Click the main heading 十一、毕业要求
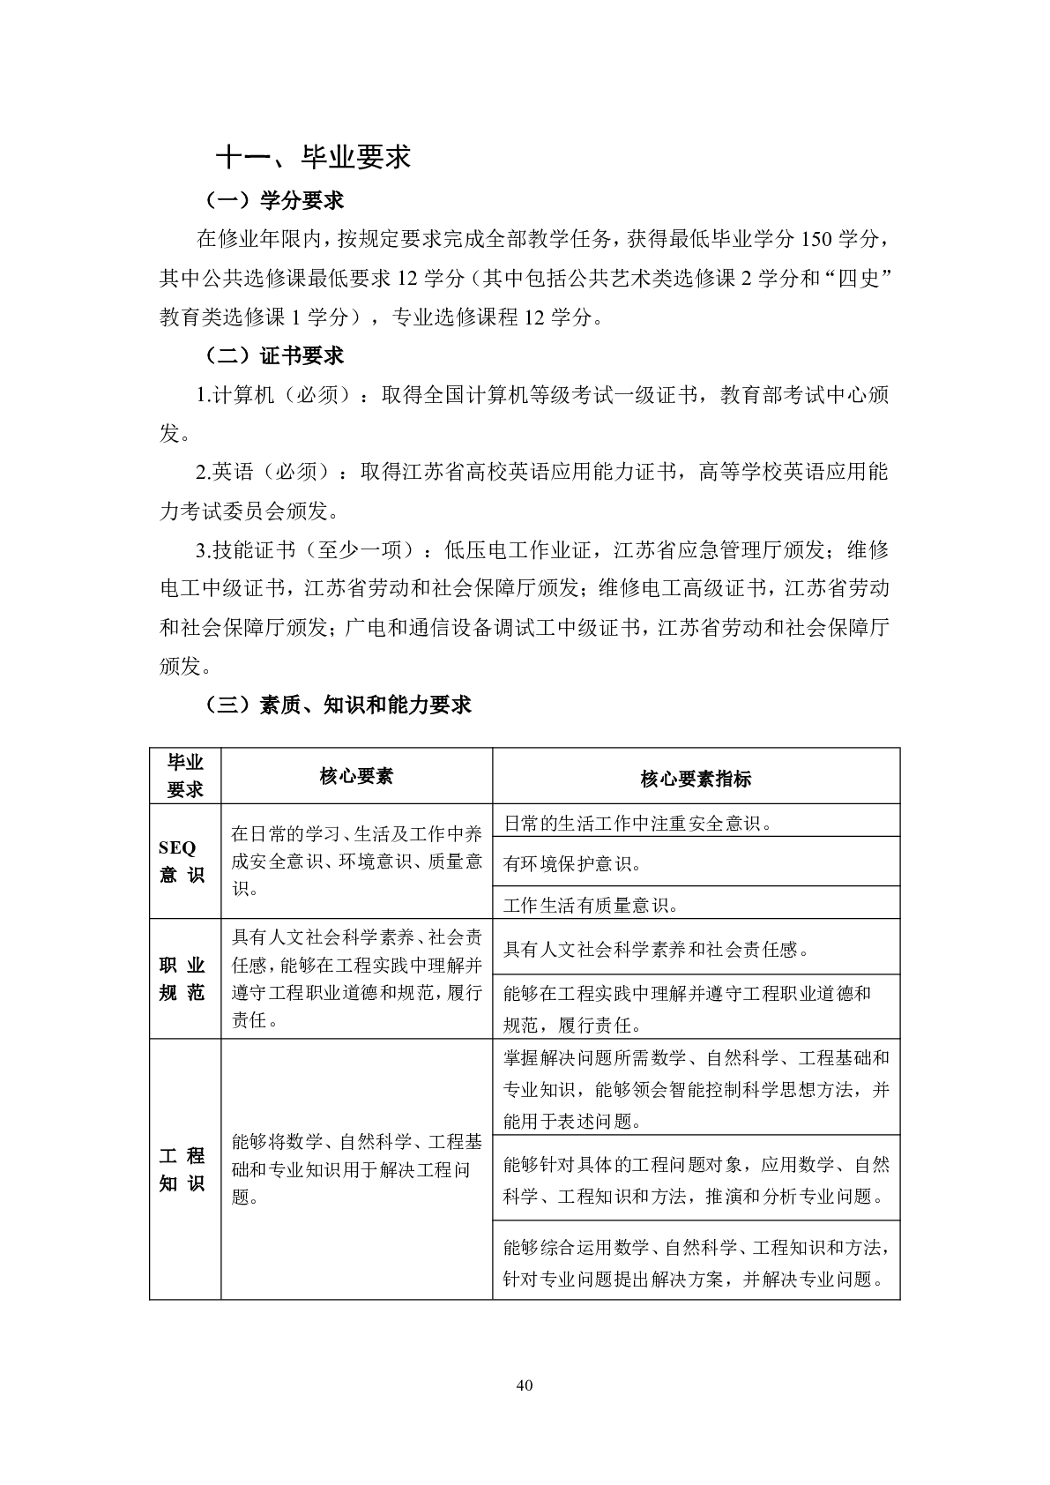(313, 157)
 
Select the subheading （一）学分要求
(273, 201)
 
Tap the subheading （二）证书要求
(273, 355)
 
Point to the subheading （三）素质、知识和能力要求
(337, 704)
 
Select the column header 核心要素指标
(696, 778)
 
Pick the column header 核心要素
(356, 776)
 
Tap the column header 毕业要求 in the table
(185, 776)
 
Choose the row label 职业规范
(183, 979)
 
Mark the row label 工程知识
(183, 1169)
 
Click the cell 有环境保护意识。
(573, 864)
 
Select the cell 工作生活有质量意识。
(591, 905)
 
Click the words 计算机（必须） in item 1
(282, 395)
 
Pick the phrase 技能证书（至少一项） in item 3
(314, 550)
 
